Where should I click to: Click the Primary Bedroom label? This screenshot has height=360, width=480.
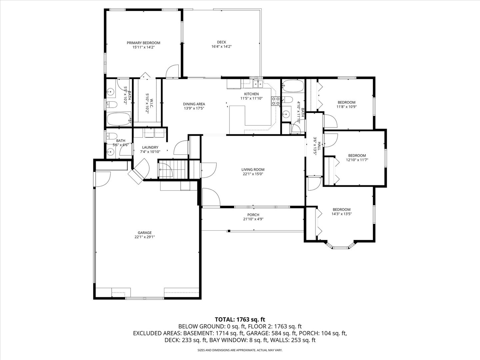point(143,43)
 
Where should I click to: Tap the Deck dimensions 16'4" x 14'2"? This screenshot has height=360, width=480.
point(222,47)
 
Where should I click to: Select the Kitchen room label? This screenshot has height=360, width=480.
point(251,94)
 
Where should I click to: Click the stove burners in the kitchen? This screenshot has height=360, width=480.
point(276,101)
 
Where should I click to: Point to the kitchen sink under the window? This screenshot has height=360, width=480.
point(257,83)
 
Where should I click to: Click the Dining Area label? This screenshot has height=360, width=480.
point(194,104)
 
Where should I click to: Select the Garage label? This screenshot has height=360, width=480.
point(145,233)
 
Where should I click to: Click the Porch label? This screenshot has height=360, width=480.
point(253,215)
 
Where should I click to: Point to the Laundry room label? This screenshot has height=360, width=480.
point(150,147)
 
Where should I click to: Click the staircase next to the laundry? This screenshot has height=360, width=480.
point(173,170)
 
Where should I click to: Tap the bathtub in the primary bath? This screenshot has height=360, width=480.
point(119,119)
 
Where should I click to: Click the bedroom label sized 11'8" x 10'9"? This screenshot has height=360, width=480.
point(346,102)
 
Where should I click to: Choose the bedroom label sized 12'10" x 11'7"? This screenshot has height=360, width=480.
point(357,155)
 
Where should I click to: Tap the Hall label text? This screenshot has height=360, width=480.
point(319,146)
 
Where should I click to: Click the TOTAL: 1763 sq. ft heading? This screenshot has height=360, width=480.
point(240,319)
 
